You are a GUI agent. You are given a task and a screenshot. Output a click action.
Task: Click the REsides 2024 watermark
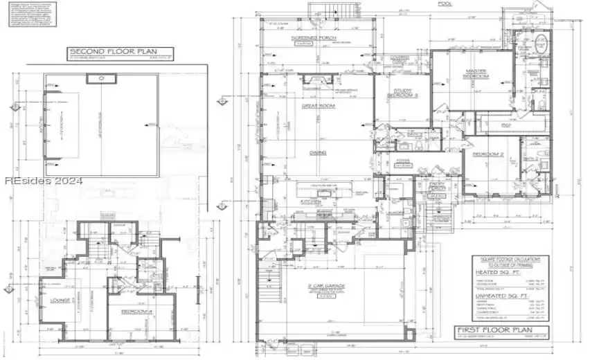coord(43,181)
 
